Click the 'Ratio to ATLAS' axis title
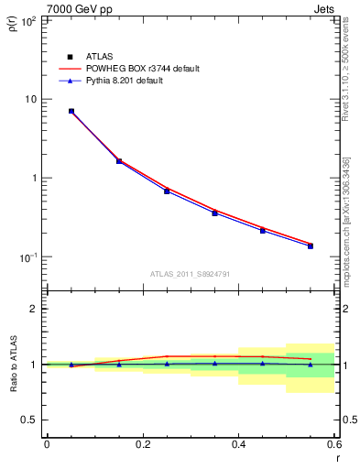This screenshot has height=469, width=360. [14, 364]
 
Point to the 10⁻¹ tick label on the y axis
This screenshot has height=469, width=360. [27, 257]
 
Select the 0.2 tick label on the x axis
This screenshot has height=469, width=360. [142, 445]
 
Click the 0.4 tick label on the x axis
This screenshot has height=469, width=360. [238, 445]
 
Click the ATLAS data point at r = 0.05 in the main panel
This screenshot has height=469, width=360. [71, 111]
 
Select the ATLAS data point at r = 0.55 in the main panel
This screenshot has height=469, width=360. [311, 245]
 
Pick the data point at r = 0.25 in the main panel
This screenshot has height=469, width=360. [167, 191]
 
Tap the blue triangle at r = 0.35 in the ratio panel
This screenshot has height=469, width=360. [214, 363]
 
